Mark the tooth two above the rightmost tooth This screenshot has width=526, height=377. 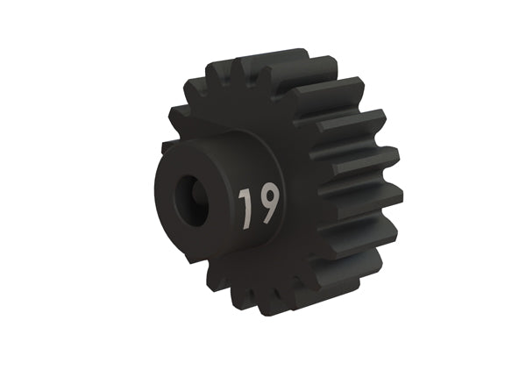click(355, 127)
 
